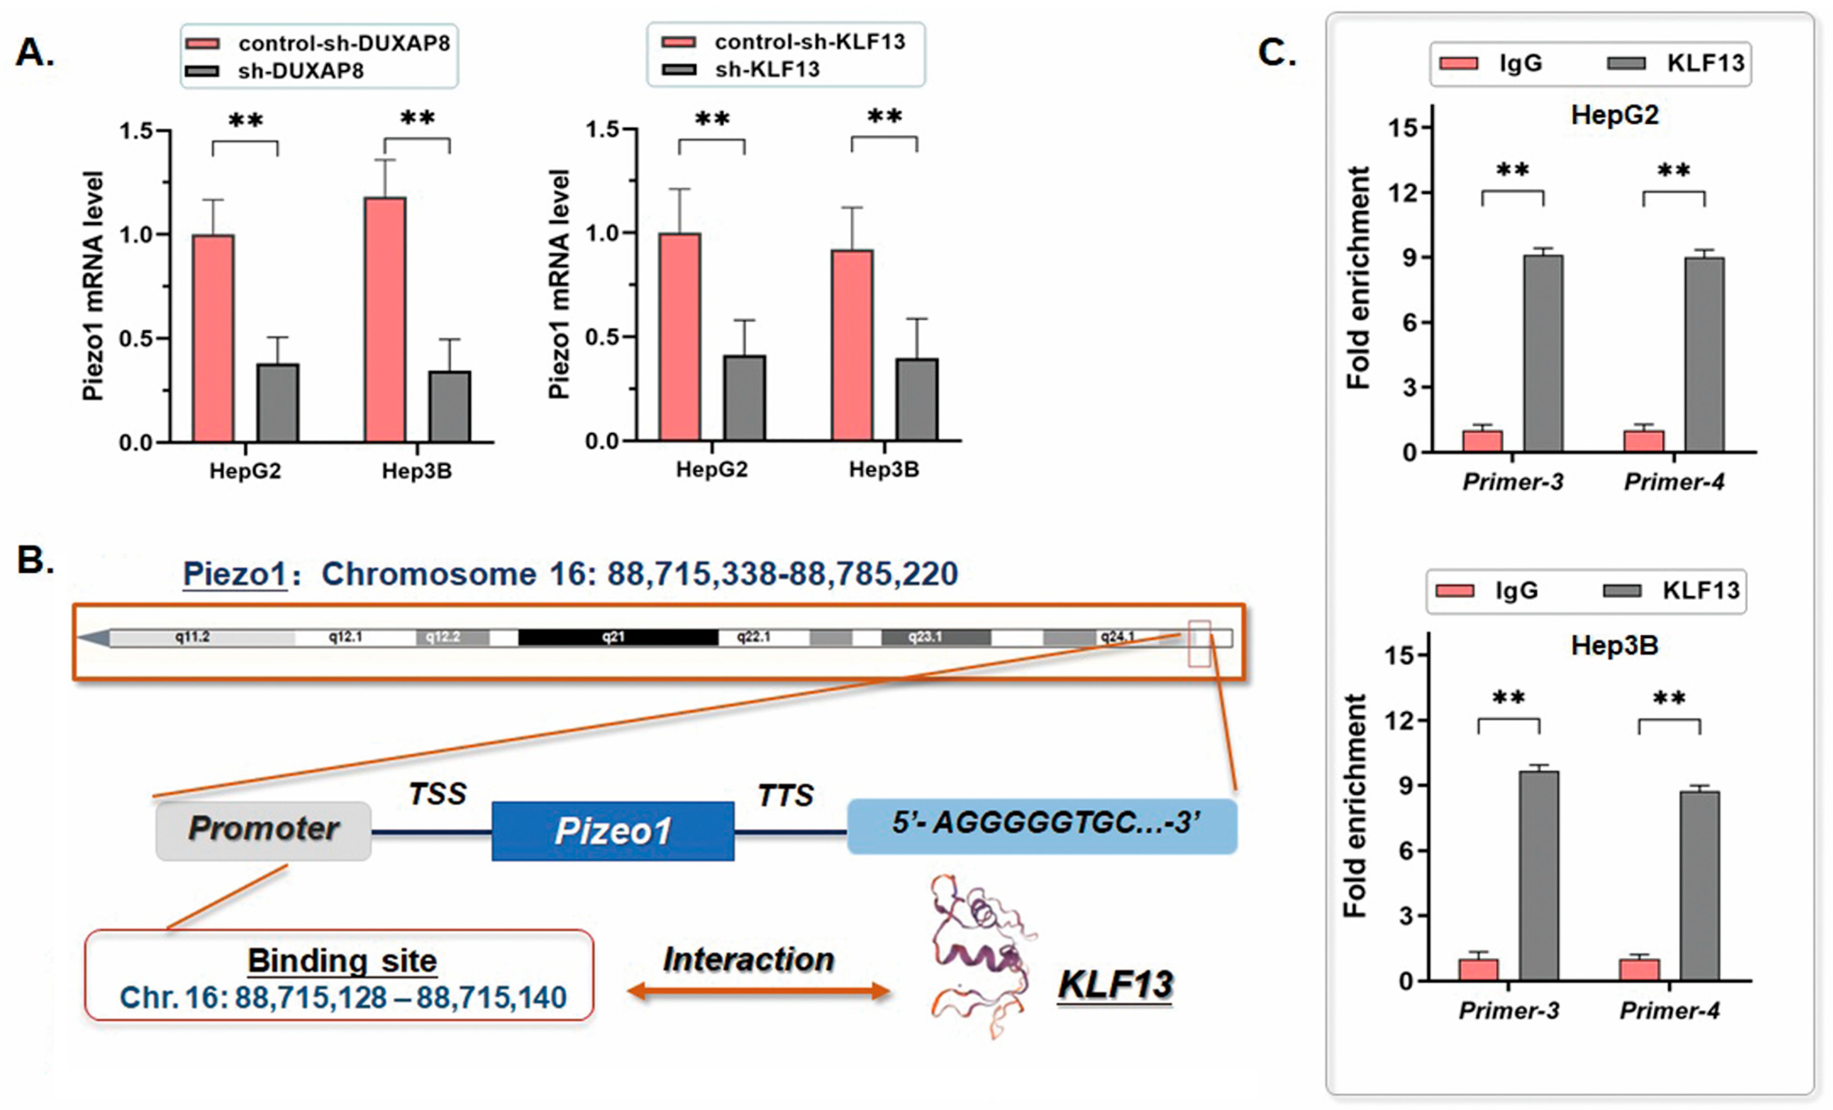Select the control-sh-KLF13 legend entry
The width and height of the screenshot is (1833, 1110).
pyautogui.click(x=783, y=41)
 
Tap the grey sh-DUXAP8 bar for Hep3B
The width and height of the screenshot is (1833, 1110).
pyautogui.click(x=449, y=406)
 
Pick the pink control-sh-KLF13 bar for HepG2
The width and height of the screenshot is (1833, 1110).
pyautogui.click(x=679, y=337)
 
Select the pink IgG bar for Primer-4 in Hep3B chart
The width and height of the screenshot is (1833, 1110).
pyautogui.click(x=1640, y=969)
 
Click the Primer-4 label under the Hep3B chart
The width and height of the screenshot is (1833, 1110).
pyautogui.click(x=1669, y=1010)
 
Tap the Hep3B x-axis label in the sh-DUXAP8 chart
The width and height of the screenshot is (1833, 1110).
pyautogui.click(x=417, y=471)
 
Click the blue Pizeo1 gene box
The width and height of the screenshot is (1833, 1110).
pyautogui.click(x=613, y=831)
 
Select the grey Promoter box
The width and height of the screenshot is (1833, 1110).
pyautogui.click(x=263, y=831)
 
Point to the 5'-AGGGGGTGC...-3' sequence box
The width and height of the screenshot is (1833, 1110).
pyautogui.click(x=1042, y=826)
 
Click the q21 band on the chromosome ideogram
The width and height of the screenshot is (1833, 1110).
pyautogui.click(x=617, y=638)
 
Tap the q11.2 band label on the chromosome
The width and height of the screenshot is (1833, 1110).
pyautogui.click(x=193, y=637)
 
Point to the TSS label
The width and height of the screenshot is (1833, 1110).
pyautogui.click(x=437, y=794)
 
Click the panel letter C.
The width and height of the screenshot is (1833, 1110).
pyautogui.click(x=1277, y=52)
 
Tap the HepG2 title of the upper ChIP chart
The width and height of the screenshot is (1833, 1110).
pyautogui.click(x=1614, y=115)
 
